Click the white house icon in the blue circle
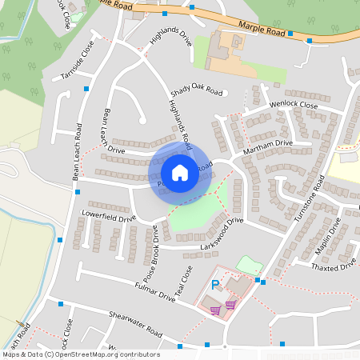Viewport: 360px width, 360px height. coord(180,172)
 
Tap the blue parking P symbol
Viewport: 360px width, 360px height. coord(214,285)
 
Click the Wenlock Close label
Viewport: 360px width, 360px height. coord(293,105)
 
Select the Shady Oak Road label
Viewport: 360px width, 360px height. coord(197,91)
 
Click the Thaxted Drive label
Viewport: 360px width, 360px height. coord(335,266)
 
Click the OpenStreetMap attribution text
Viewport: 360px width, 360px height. coord(81,354)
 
